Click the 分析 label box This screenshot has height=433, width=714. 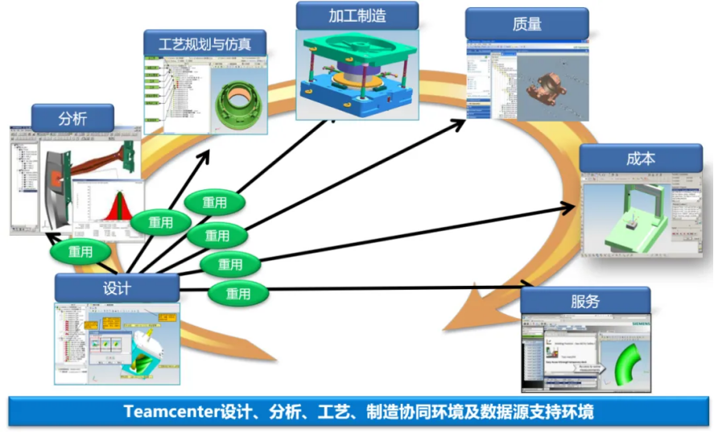click(72, 119)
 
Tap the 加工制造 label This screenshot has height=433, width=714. click(357, 15)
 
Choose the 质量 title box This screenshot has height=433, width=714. click(526, 23)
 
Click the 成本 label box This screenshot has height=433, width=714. click(640, 159)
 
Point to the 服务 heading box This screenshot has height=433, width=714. click(584, 302)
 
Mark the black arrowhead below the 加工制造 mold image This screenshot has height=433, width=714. click(332, 120)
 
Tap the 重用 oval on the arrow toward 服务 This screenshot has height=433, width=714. click(238, 294)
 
